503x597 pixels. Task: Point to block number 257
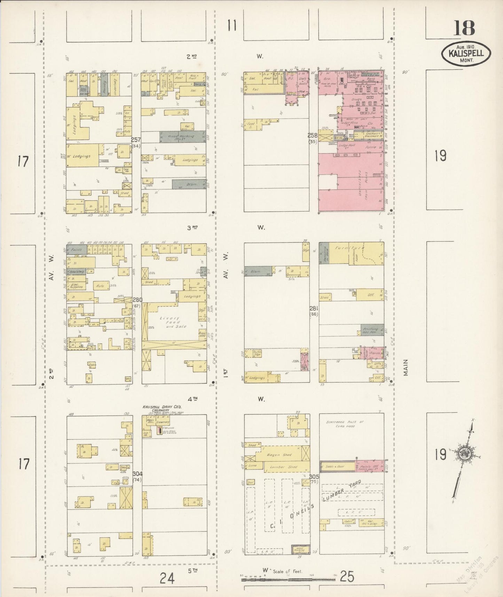point(136,140)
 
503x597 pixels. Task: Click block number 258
point(312,135)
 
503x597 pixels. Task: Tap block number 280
point(137,300)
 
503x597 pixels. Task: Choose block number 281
point(314,308)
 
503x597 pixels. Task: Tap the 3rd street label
point(192,227)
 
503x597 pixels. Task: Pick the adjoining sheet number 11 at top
point(232,25)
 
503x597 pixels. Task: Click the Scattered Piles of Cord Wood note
point(345,424)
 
